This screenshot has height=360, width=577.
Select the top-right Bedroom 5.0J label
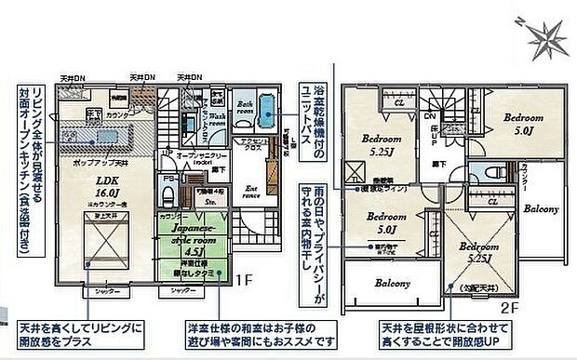click(x=523, y=125)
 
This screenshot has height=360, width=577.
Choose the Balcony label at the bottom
click(x=393, y=282)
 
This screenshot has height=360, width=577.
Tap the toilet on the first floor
click(x=170, y=193)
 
